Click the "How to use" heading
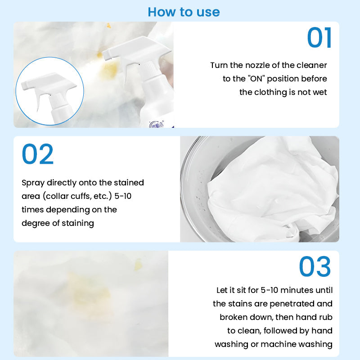[x=184, y=11]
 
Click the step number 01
[x=319, y=38]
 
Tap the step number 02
[x=38, y=154]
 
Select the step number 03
[x=315, y=267]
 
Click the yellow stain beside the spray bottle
[x=110, y=68]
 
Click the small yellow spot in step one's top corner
[x=108, y=26]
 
